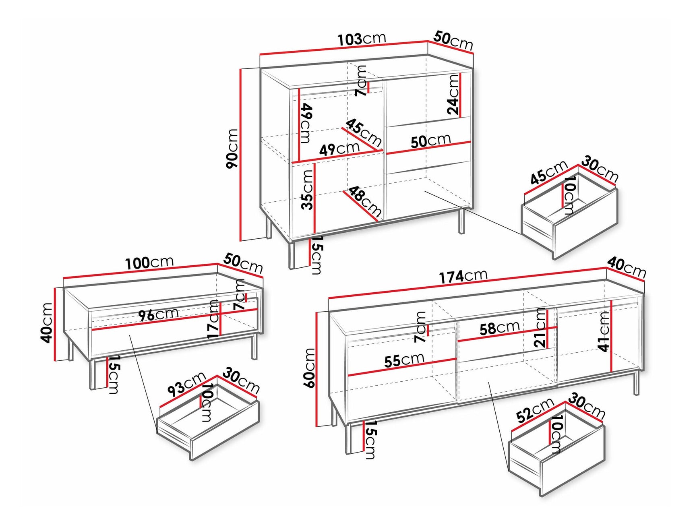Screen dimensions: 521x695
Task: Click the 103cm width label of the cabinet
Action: tap(361, 39)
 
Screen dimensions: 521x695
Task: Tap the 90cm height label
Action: tap(232, 149)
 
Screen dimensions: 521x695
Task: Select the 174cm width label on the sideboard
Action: tap(463, 277)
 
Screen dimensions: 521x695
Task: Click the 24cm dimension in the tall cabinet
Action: tap(453, 95)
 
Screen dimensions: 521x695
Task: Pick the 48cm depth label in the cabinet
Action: tap(364, 201)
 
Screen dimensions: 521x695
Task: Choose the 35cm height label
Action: tap(307, 190)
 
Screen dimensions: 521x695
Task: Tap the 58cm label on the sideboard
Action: tap(499, 328)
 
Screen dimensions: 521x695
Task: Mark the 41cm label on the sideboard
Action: tap(604, 331)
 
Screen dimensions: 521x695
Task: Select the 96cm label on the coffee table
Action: tap(158, 315)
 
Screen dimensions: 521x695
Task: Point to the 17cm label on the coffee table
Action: tap(213, 319)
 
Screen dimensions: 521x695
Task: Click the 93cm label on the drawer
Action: tap(186, 385)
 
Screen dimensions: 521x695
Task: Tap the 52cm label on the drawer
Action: tap(535, 410)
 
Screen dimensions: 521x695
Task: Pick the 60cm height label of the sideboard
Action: tap(309, 368)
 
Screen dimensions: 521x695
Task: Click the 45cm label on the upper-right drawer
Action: tap(548, 172)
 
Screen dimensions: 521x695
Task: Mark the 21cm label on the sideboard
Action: tap(540, 328)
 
